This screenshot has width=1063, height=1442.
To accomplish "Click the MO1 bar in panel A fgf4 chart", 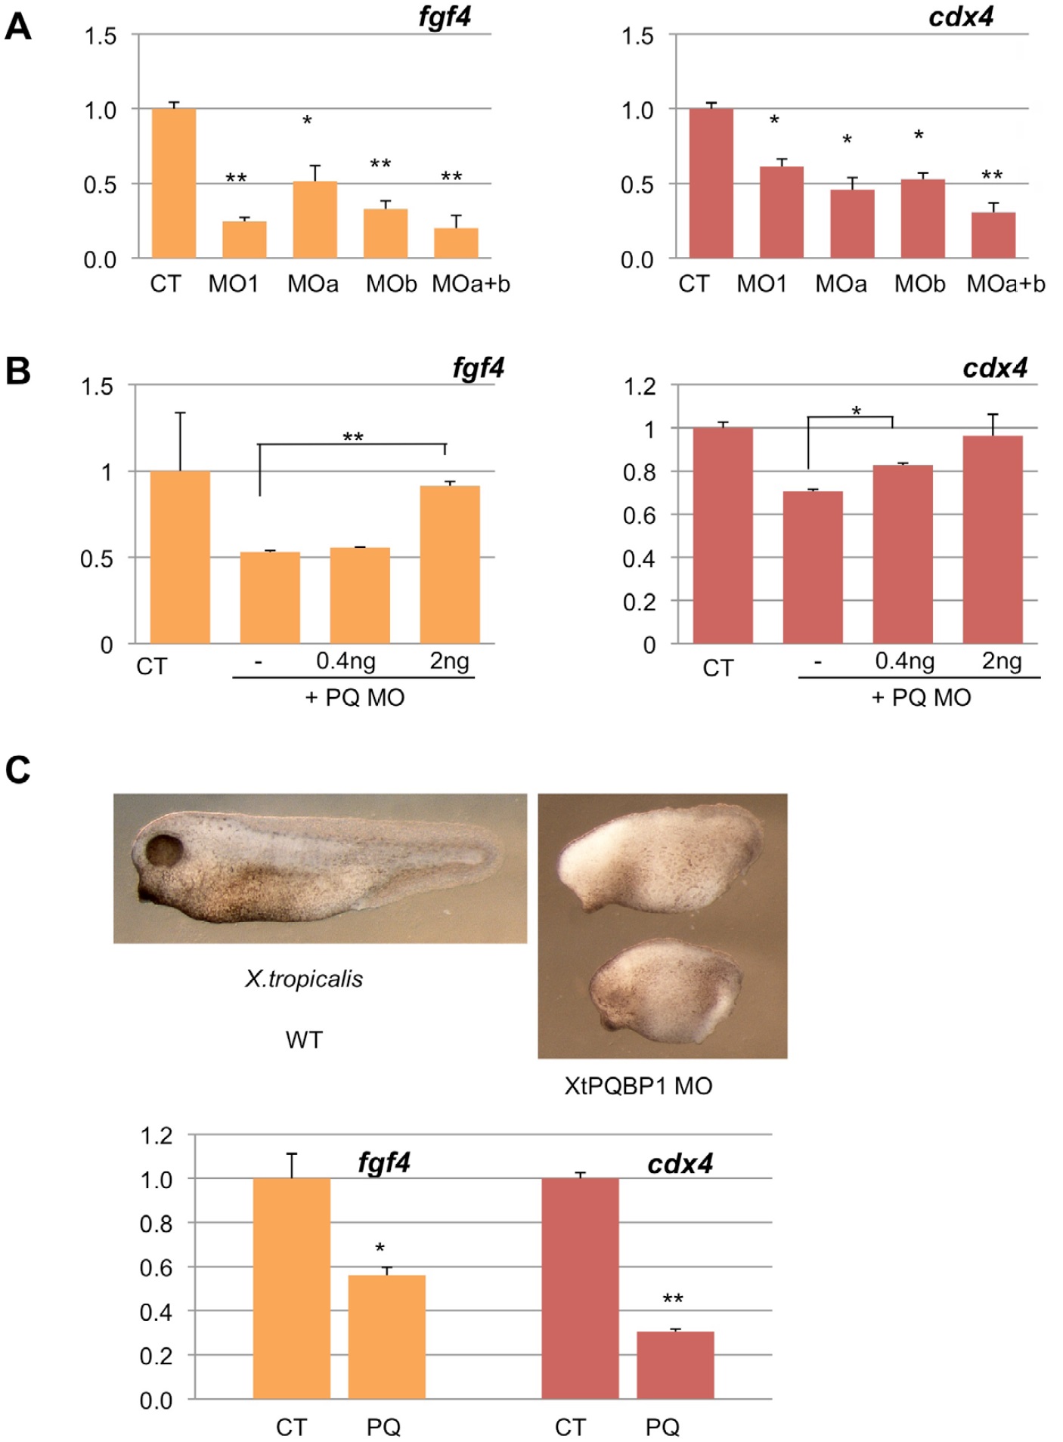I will pyautogui.click(x=243, y=239).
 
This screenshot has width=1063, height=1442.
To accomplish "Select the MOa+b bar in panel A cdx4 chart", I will pyautogui.click(x=993, y=235).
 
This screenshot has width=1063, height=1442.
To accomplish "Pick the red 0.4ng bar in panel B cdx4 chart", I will pyautogui.click(x=902, y=554).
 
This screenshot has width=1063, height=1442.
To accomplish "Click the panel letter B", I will pyautogui.click(x=18, y=370).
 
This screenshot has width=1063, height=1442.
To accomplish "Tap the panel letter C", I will pyautogui.click(x=18, y=770).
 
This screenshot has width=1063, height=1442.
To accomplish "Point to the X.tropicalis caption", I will pyautogui.click(x=303, y=979).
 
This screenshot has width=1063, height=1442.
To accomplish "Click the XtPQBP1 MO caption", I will pyautogui.click(x=638, y=1086).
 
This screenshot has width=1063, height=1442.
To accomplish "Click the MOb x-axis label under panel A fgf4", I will pyautogui.click(x=391, y=284).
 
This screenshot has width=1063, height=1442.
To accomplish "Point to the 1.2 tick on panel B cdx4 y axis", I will pyautogui.click(x=639, y=387).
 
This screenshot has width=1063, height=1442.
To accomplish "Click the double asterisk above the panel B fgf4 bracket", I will pyautogui.click(x=353, y=437).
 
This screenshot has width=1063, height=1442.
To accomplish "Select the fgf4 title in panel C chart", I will pyautogui.click(x=384, y=1162).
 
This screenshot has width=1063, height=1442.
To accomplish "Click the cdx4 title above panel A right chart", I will pyautogui.click(x=960, y=17).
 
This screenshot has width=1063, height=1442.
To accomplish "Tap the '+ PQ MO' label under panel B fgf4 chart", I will pyautogui.click(x=355, y=697).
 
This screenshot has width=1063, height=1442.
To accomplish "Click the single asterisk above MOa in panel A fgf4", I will pyautogui.click(x=307, y=120).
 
